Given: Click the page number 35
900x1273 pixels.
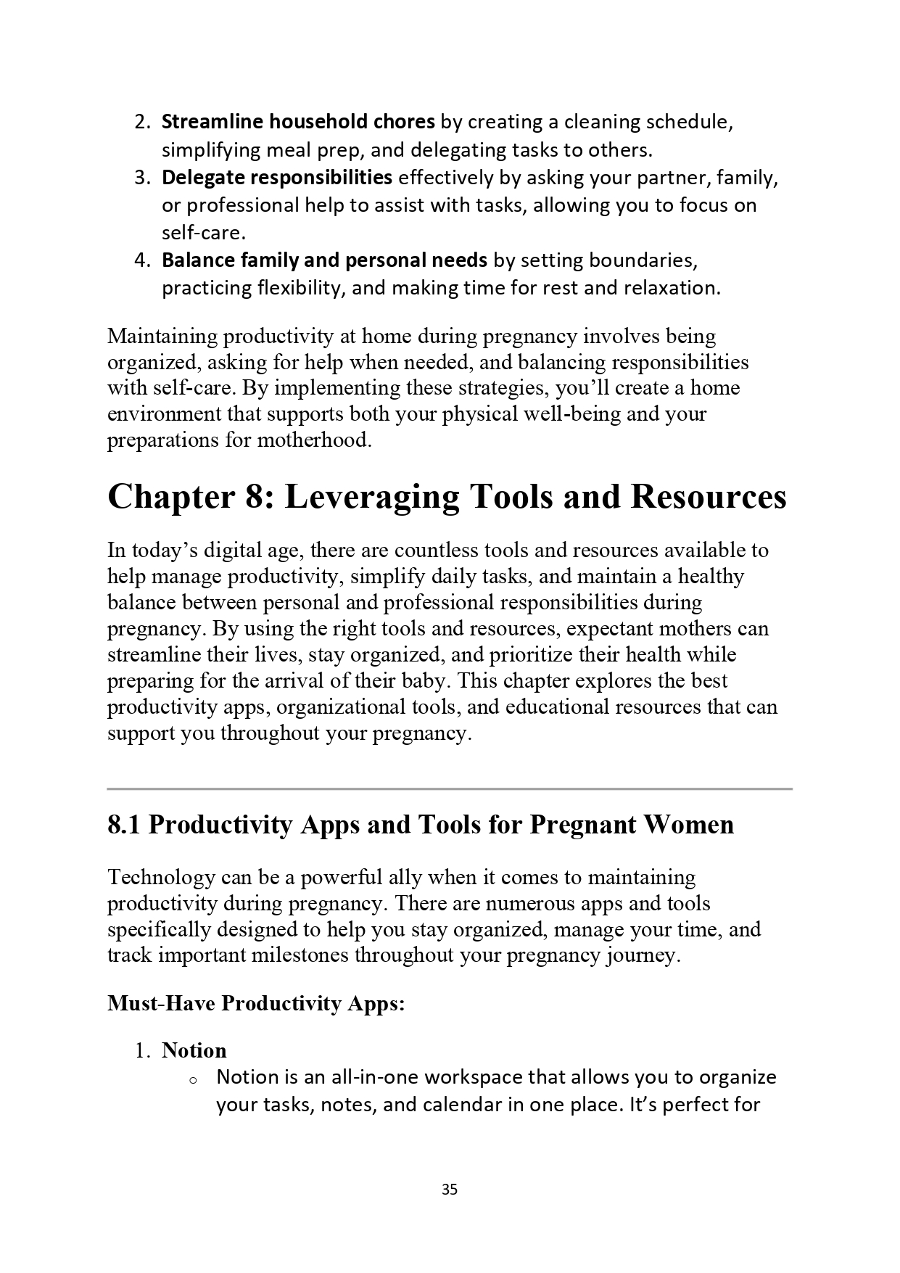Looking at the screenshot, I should (450, 1190).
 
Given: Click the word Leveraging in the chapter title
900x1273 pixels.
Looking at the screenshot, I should (371, 498).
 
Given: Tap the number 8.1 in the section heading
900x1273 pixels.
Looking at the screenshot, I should (124, 825).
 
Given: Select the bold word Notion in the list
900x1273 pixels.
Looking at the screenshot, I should (194, 1050).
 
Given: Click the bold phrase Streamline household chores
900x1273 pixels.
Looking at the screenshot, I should (298, 122).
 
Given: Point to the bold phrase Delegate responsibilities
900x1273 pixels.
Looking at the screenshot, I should (277, 177).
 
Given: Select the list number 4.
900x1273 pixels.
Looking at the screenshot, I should (141, 260).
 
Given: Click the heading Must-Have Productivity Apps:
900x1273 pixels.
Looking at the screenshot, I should (256, 1003).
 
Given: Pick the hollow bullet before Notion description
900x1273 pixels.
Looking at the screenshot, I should (193, 1080).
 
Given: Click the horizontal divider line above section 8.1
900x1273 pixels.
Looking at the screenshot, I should (450, 788).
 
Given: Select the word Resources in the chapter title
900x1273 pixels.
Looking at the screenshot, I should (708, 498).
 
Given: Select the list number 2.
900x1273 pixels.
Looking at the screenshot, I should (141, 122).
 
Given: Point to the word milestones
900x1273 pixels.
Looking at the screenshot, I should (300, 955).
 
